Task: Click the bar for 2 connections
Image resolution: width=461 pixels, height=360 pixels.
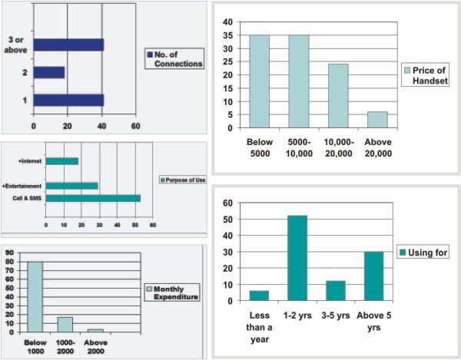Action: pyautogui.click(x=49, y=72)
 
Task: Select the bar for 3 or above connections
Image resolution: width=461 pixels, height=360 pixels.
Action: pyautogui.click(x=68, y=45)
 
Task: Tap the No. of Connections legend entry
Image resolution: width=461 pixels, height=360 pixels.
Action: pyautogui.click(x=174, y=59)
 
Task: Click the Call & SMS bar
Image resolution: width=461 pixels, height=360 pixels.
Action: pyautogui.click(x=93, y=199)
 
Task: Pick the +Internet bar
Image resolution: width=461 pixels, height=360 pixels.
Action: pyautogui.click(x=62, y=161)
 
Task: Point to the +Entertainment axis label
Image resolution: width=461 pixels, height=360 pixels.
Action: pyautogui.click(x=23, y=186)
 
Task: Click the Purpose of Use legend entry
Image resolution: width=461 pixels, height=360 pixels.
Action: pyautogui.click(x=181, y=180)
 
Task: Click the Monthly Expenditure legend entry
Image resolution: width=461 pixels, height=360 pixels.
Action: pyautogui.click(x=172, y=292)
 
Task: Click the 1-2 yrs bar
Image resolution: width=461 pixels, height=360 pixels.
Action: pyautogui.click(x=297, y=259)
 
